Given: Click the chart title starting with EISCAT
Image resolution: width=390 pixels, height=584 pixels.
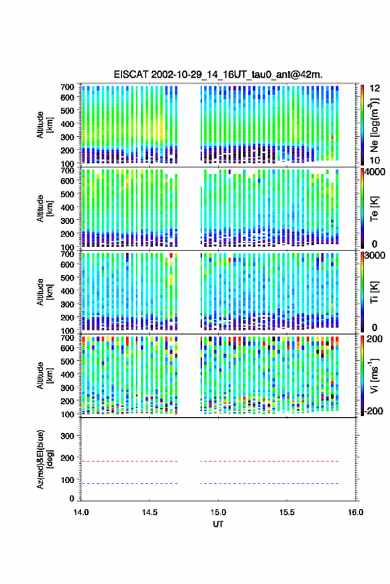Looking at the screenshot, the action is point(218,74).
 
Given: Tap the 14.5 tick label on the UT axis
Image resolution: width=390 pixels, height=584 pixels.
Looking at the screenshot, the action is point(149,512).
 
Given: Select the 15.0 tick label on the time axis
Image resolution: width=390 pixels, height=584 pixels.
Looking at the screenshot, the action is point(218,512).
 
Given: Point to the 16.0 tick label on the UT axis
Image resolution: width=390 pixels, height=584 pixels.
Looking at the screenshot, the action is point(355,512).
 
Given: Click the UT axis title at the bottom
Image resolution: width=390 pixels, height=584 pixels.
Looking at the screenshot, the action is point(218,524).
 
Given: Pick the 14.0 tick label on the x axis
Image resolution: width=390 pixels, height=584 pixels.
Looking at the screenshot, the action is point(81,512).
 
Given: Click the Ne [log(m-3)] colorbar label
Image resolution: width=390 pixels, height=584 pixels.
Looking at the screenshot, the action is point(374,125).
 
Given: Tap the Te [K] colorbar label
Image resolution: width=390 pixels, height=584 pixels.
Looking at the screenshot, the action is point(374,209).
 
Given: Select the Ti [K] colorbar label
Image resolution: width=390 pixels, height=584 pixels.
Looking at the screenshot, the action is point(374,292).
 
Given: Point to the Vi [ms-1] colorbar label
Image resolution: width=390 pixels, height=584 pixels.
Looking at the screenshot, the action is point(374,375).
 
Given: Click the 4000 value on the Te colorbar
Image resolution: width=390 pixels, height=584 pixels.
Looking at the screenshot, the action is point(375,173).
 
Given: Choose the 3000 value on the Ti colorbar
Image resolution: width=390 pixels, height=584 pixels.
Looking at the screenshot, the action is point(375,256).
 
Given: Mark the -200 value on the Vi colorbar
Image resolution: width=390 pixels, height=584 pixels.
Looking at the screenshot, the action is point(373,411).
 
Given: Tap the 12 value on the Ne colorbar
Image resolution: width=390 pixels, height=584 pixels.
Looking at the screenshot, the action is point(375,88).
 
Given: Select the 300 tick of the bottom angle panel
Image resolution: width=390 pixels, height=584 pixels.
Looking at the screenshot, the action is point(67,436).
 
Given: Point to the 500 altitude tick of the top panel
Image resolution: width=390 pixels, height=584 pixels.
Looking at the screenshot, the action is point(67,110).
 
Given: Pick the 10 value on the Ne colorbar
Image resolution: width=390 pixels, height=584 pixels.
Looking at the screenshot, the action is point(375,160).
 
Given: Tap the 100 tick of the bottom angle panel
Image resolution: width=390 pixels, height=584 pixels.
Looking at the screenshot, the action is point(67,480).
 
